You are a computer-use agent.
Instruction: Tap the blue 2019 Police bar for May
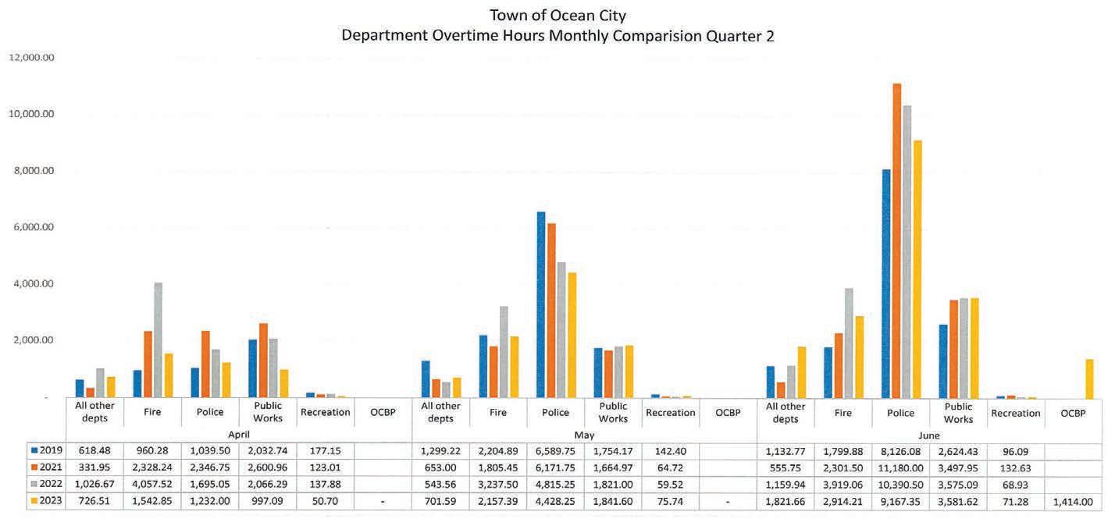pyautogui.click(x=541, y=304)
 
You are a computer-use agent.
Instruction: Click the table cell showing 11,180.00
pyautogui.click(x=900, y=467)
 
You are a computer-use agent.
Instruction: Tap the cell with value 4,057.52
pyautogui.click(x=152, y=485)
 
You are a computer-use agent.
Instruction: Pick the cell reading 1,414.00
pyautogui.click(x=1073, y=502)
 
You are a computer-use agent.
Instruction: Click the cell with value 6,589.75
pyautogui.click(x=555, y=450)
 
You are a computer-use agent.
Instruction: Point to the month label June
pyautogui.click(x=929, y=435)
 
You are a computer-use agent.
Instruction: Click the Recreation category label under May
pyautogui.click(x=670, y=412)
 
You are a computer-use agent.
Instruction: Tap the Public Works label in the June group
pyautogui.click(x=958, y=412)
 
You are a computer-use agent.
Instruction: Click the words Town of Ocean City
pyautogui.click(x=557, y=16)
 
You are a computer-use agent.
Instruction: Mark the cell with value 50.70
pyautogui.click(x=325, y=502)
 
